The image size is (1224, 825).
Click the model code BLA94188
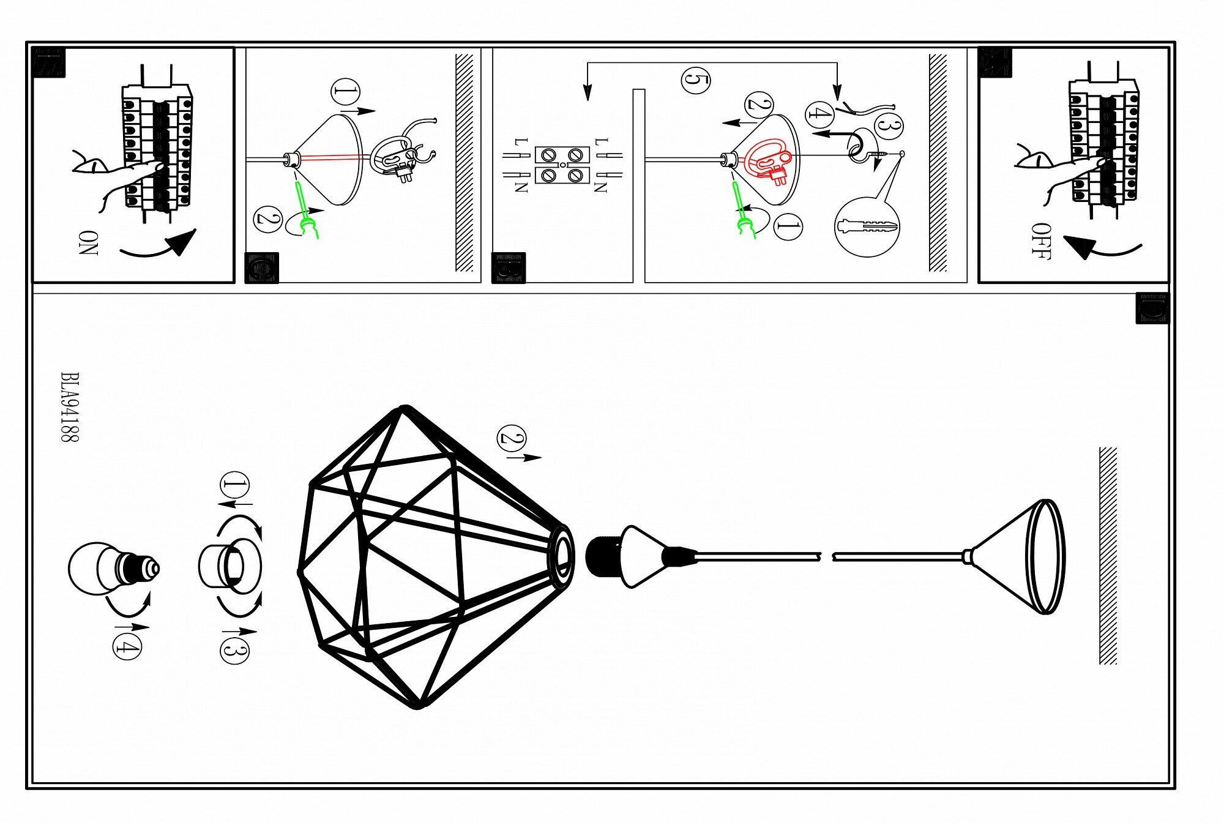[x=70, y=407]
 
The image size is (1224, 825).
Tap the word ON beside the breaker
[x=88, y=242]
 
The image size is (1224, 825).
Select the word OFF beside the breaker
[x=1040, y=242]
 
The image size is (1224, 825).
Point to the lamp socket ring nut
[x=229, y=566]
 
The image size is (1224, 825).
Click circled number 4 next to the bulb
[x=127, y=646]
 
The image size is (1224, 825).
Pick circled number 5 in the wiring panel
[x=695, y=80]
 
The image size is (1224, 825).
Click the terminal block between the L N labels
[x=562, y=165]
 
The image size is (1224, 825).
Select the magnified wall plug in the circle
[x=867, y=227]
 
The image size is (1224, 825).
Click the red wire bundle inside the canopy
[x=768, y=160]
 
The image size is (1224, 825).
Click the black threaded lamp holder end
[x=603, y=557]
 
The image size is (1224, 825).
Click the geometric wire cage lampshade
[x=428, y=557]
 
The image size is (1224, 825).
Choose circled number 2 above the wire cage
[x=512, y=438]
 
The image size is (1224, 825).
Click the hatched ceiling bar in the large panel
[x=1108, y=555]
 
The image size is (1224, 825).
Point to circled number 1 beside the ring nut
[x=234, y=486]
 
